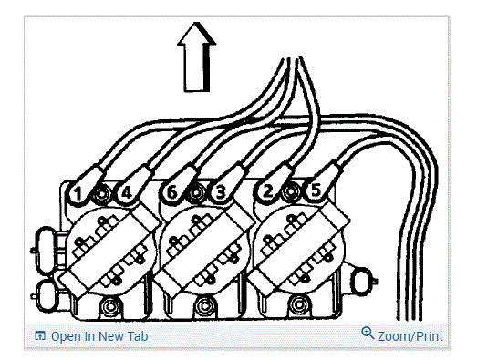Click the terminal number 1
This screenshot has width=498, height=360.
click(x=79, y=193)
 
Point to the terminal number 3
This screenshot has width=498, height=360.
click(x=220, y=192)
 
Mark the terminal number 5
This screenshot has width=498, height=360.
click(x=314, y=192)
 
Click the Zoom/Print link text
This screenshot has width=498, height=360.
click(x=410, y=336)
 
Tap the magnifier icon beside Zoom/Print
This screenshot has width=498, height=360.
click(x=368, y=334)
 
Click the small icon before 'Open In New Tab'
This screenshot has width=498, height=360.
click(x=39, y=336)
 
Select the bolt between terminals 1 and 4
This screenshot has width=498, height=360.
click(x=102, y=193)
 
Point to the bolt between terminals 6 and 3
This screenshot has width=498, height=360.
click(x=196, y=193)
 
